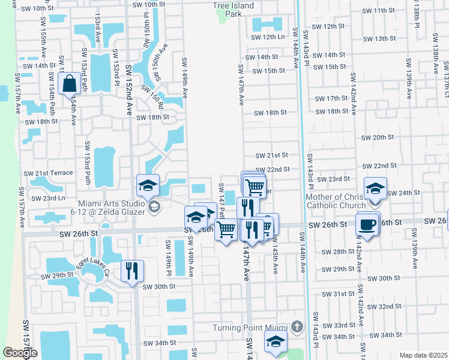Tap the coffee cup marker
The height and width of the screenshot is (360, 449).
pyautogui.click(x=367, y=224)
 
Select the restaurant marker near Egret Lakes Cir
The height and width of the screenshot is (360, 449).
pyautogui.click(x=132, y=270)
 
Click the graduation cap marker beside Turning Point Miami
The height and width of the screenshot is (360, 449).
pyautogui.click(x=276, y=341)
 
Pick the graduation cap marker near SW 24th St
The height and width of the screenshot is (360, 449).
pyautogui.click(x=375, y=189)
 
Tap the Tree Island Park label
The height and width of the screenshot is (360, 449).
pyautogui.click(x=233, y=9)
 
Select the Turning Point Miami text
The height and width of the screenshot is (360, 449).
pyautogui.click(x=252, y=328)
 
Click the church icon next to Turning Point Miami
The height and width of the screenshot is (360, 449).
pyautogui.click(x=295, y=328)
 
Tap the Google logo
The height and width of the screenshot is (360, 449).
pyautogui.click(x=20, y=353)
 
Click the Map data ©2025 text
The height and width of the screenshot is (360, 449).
pyautogui.click(x=423, y=355)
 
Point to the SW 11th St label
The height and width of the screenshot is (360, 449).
pyautogui.click(x=388, y=11)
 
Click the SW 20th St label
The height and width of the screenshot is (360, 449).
pyautogui.click(x=378, y=137)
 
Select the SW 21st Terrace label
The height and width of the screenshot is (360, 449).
pyautogui.click(x=48, y=173)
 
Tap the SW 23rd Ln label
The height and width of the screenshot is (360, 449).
pyautogui.click(x=47, y=198)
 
